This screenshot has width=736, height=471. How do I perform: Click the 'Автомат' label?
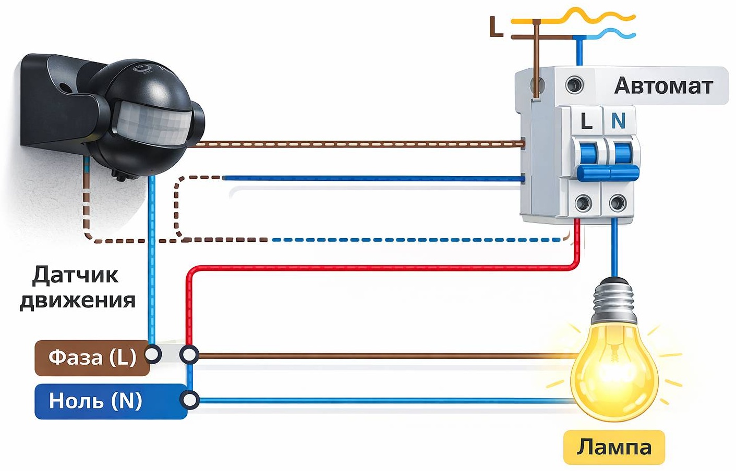(x=663, y=85)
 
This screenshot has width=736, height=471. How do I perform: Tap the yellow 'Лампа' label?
(x=614, y=447)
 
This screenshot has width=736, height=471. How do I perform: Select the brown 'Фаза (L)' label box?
(x=92, y=358)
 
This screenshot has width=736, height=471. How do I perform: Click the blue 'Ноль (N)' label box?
(x=111, y=401)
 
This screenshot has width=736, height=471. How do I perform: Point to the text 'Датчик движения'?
(x=78, y=288)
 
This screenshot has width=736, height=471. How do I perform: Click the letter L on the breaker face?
(x=586, y=121)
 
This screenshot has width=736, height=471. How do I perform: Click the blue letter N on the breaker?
(x=618, y=121)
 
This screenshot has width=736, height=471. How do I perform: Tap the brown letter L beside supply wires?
(x=496, y=27)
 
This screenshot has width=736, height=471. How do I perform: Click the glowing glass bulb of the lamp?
(x=614, y=371)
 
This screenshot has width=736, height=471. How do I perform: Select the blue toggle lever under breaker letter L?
(x=588, y=154)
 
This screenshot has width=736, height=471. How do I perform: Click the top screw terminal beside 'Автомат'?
(x=575, y=85)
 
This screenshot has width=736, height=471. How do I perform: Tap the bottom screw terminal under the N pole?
(x=618, y=203)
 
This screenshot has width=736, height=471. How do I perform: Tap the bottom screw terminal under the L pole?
(x=584, y=203)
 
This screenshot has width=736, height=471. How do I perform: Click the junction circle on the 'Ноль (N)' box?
(x=189, y=400)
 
